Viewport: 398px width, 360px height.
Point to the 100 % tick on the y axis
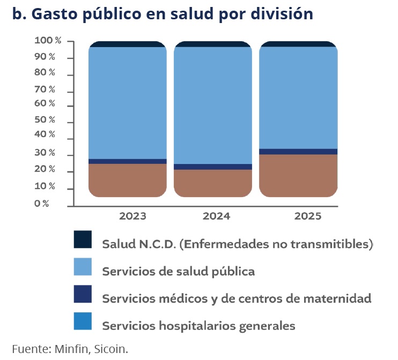(x=48, y=41)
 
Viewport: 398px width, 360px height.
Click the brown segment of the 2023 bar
(x=127, y=180)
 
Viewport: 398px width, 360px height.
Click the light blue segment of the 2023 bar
(x=127, y=102)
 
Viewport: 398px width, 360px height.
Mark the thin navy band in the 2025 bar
(x=298, y=152)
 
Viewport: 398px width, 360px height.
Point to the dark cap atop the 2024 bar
(x=213, y=44)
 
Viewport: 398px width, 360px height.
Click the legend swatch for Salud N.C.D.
(x=83, y=239)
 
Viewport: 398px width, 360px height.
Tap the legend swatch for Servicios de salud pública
(x=83, y=267)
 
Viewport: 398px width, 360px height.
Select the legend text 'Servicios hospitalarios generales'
(x=198, y=325)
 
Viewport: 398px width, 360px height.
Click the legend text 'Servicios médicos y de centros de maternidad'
(x=237, y=298)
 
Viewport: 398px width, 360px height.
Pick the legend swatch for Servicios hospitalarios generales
(x=83, y=321)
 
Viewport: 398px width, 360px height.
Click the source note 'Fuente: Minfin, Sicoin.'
(x=70, y=349)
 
